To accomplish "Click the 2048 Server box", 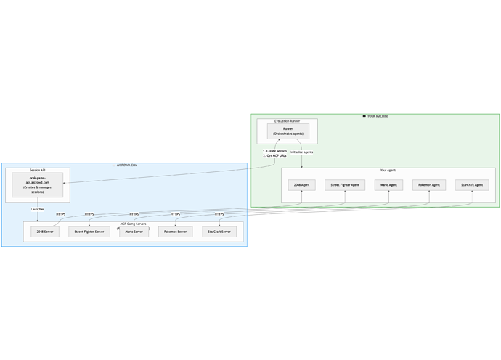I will [x=44, y=232].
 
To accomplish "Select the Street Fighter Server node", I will [x=89, y=232].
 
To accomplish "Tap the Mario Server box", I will [x=134, y=232].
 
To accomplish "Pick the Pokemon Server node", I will [x=175, y=232].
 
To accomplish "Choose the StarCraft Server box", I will [x=219, y=232].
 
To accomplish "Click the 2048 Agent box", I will [x=301, y=185].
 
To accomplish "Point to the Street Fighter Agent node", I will [x=345, y=185].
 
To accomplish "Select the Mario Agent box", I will [x=388, y=185].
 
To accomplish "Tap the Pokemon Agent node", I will [x=429, y=185].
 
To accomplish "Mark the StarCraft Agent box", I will [x=472, y=185].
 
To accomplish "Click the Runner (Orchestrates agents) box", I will [x=288, y=131].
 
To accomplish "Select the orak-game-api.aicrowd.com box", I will [x=38, y=185].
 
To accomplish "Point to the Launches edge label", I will [x=38, y=210].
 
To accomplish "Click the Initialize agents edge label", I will [x=302, y=152].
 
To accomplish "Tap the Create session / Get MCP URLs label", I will [x=274, y=153].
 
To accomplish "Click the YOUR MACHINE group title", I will [x=376, y=116].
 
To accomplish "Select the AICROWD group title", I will [x=127, y=165].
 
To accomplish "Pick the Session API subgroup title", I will [x=38, y=170].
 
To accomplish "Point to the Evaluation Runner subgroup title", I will [x=287, y=121].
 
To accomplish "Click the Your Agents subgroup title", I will [x=388, y=171].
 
